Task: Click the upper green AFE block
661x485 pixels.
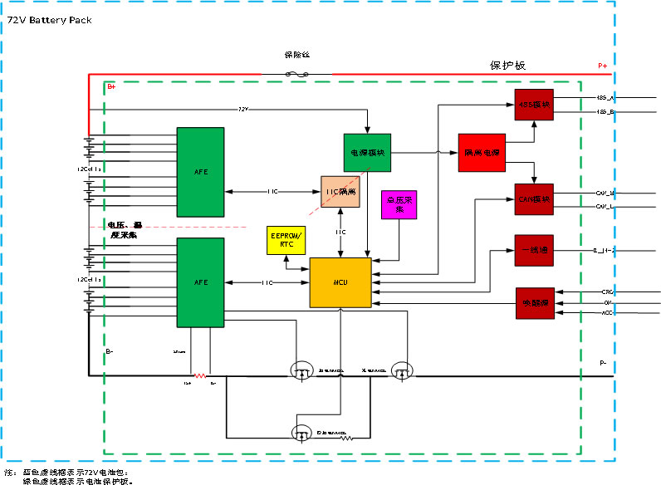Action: point(200,172)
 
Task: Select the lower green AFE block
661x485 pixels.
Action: point(200,282)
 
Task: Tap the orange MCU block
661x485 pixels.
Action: point(340,283)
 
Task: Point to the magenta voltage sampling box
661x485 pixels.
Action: point(399,205)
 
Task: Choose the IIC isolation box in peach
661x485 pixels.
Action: point(340,192)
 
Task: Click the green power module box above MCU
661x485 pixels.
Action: point(366,153)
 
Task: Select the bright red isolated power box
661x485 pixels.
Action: point(482,153)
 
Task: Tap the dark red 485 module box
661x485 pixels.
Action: point(533,105)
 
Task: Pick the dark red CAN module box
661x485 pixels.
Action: point(533,199)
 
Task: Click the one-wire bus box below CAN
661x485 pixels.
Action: point(533,249)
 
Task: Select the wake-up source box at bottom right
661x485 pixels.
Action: point(533,302)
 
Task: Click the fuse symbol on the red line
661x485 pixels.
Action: point(297,74)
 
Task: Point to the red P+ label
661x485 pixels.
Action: point(603,66)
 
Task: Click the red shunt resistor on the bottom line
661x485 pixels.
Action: point(199,375)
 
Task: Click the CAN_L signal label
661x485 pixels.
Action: point(604,205)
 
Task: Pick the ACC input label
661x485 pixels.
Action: point(607,313)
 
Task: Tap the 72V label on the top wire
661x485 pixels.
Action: point(243,109)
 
